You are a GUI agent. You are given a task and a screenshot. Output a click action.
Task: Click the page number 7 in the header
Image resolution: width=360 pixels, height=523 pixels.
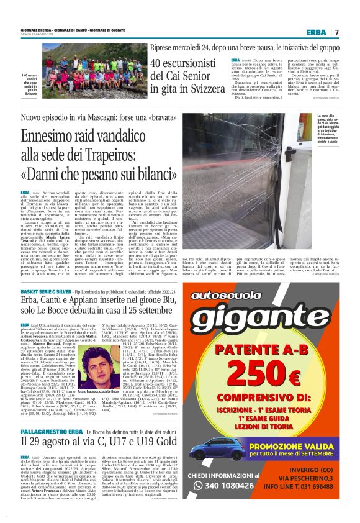(x=336, y=32)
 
